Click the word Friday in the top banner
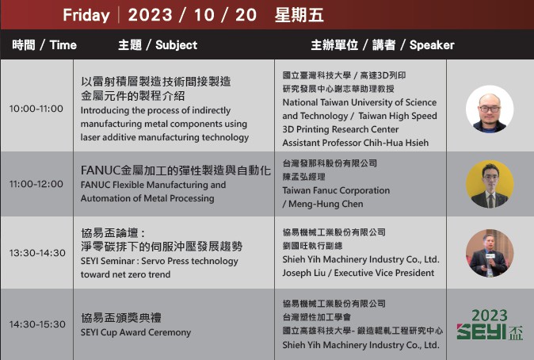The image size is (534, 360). [86, 15]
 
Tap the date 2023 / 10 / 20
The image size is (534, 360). [192, 15]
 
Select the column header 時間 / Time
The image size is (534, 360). [44, 44]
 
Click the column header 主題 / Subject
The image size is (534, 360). [158, 44]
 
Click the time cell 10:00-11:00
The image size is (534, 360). [36, 109]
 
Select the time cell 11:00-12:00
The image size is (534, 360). [36, 184]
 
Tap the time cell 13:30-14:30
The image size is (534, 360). [37, 253]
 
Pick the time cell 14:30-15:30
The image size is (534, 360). [37, 324]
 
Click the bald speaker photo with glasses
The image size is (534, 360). [490, 109]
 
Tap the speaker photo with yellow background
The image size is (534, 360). [490, 184]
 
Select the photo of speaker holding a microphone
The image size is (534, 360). [490, 253]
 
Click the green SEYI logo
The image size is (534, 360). [490, 324]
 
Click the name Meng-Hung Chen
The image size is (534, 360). [326, 204]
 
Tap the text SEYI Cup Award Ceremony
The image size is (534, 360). [135, 332]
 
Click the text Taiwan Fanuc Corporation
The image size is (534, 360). [336, 190]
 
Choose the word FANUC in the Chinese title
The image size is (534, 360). [101, 170]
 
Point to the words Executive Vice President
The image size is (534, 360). [384, 273]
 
